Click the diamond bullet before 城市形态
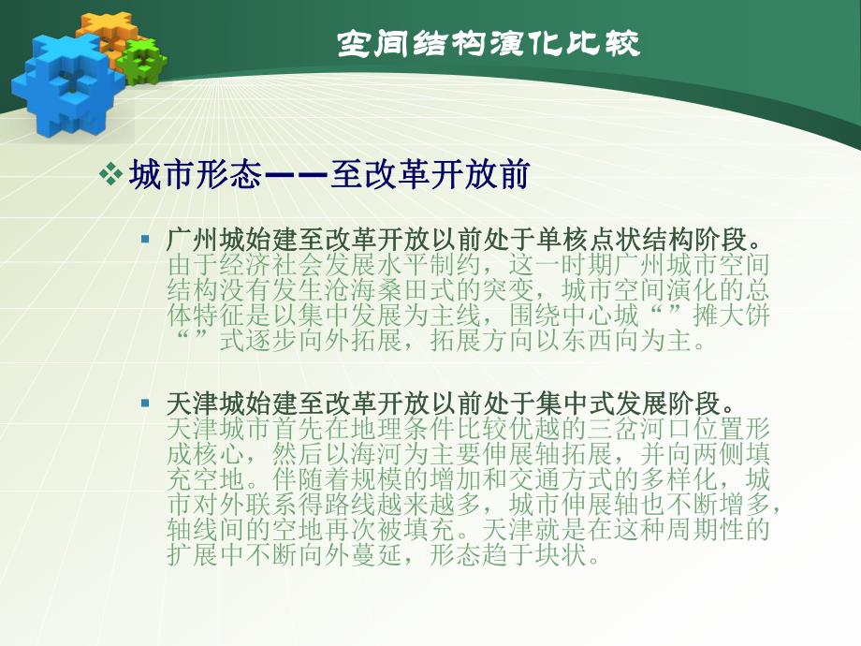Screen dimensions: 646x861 point(111,175)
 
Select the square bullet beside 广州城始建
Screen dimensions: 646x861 point(145,239)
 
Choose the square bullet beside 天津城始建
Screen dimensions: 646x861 point(145,404)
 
